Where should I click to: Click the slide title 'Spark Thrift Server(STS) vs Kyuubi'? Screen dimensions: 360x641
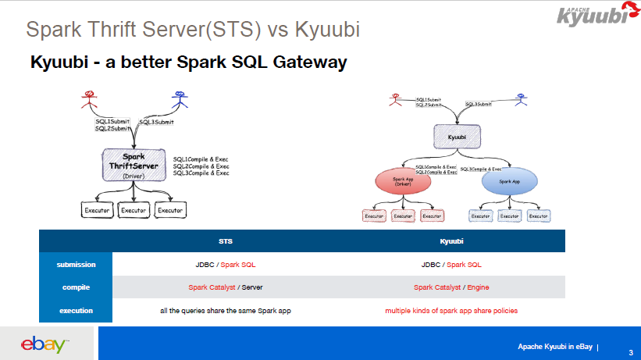coord(193,30)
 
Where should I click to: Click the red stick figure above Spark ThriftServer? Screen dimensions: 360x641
coord(90,101)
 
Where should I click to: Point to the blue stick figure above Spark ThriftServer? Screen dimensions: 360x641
coord(180,101)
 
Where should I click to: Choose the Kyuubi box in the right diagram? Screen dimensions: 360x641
coord(455,136)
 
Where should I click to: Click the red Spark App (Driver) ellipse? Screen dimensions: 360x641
coord(404,182)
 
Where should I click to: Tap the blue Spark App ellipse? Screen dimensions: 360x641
coord(509,181)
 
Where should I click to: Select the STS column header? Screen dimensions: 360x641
coord(225,241)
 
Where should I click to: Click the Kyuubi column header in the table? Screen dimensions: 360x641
coord(451,241)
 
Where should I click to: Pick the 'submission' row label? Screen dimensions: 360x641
coord(76,264)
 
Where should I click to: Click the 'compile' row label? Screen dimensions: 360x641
coord(76,287)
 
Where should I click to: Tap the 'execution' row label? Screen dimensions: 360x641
coord(76,310)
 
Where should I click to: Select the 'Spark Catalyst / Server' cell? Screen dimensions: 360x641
coord(225,287)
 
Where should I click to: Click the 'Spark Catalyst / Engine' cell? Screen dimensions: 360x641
coord(451,287)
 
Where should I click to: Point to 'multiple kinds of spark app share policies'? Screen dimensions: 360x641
coord(451,310)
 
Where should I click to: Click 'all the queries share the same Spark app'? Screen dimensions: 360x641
coord(225,310)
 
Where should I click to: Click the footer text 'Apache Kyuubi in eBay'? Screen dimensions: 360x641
coord(555,346)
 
